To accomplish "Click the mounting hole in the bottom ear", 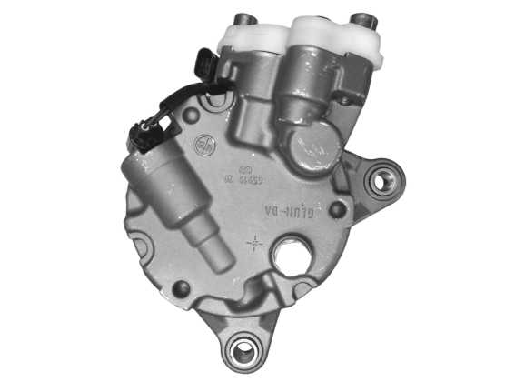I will tap(242, 347).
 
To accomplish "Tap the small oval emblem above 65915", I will tap(245, 170).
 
